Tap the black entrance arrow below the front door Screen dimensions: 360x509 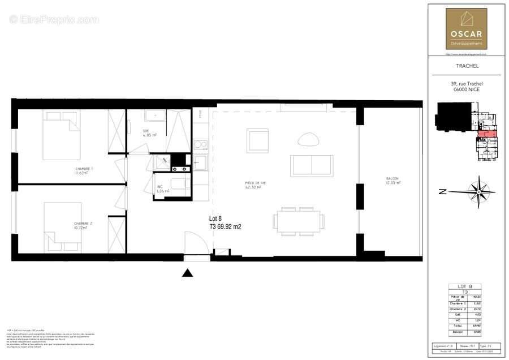pyautogui.click(x=188, y=273)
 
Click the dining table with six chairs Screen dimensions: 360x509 pyautogui.click(x=299, y=220)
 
